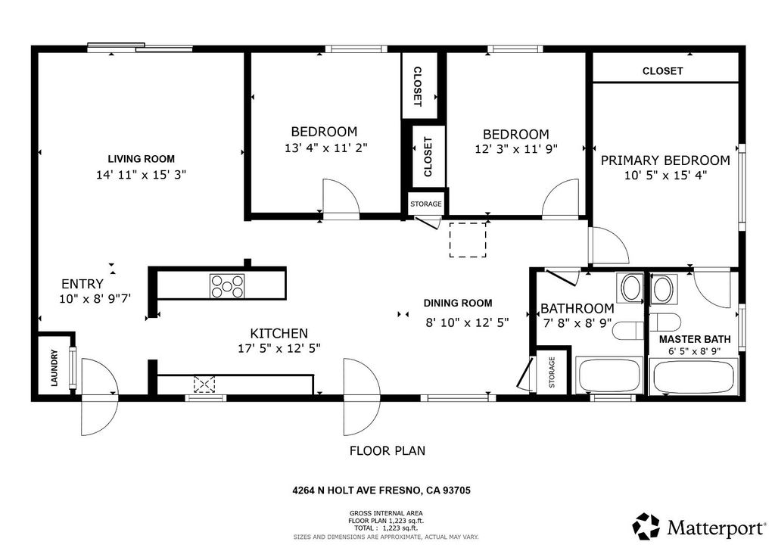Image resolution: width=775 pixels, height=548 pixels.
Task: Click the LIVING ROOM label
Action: click(141, 159)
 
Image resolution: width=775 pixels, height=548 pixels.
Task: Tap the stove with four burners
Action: click(227, 286)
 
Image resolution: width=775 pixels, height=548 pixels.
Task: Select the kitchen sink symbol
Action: click(204, 385)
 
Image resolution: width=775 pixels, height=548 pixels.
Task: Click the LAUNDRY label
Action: click(54, 369)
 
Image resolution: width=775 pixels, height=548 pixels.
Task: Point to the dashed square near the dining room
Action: click(468, 240)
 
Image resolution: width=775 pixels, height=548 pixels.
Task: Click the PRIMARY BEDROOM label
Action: click(665, 160)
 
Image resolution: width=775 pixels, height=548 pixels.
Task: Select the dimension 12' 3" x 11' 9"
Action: click(516, 149)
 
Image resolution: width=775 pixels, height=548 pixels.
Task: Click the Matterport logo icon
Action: click(646, 525)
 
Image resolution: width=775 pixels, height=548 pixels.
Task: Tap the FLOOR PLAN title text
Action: click(387, 451)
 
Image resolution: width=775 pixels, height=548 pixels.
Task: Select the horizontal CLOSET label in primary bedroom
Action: click(662, 71)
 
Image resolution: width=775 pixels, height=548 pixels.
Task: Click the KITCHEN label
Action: click(279, 333)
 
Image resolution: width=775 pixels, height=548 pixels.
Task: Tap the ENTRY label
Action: click(82, 284)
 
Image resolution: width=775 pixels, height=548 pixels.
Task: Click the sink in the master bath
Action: click(662, 288)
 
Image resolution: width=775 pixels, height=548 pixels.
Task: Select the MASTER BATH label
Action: click(692, 339)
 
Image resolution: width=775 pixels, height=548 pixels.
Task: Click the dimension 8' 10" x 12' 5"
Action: click(467, 322)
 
